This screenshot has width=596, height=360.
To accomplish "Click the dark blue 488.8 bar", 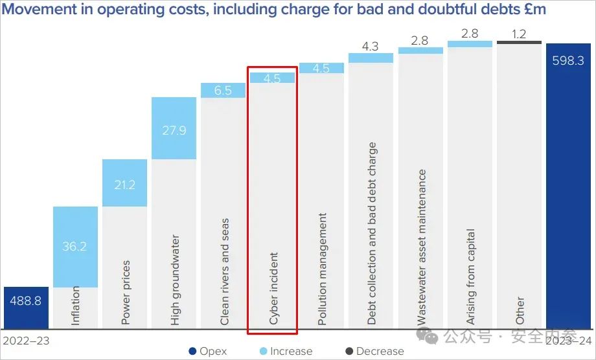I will coord(26,308).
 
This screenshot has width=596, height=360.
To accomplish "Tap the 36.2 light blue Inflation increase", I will coord(75,247).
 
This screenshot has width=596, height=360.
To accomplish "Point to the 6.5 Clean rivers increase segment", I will coord(223,90).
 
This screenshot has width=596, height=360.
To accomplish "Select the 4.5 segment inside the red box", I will coord(272,78).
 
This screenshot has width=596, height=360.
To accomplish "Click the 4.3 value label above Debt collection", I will coord(371,47).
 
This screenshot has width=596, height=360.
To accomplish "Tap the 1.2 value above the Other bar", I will coord(518,34).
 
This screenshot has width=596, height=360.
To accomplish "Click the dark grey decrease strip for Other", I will coord(519,43).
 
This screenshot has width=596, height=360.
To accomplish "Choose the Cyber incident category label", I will coord(273,288).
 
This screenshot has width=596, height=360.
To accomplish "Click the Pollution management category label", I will coord(323,269).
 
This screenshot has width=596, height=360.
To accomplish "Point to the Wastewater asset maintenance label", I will coord(422,246).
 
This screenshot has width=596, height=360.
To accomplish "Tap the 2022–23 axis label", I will coord(27,341).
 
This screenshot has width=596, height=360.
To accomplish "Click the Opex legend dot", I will coord(192,352).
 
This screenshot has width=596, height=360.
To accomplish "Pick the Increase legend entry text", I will coord(290,352).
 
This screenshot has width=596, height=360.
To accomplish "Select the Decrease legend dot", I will coord(350,352).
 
